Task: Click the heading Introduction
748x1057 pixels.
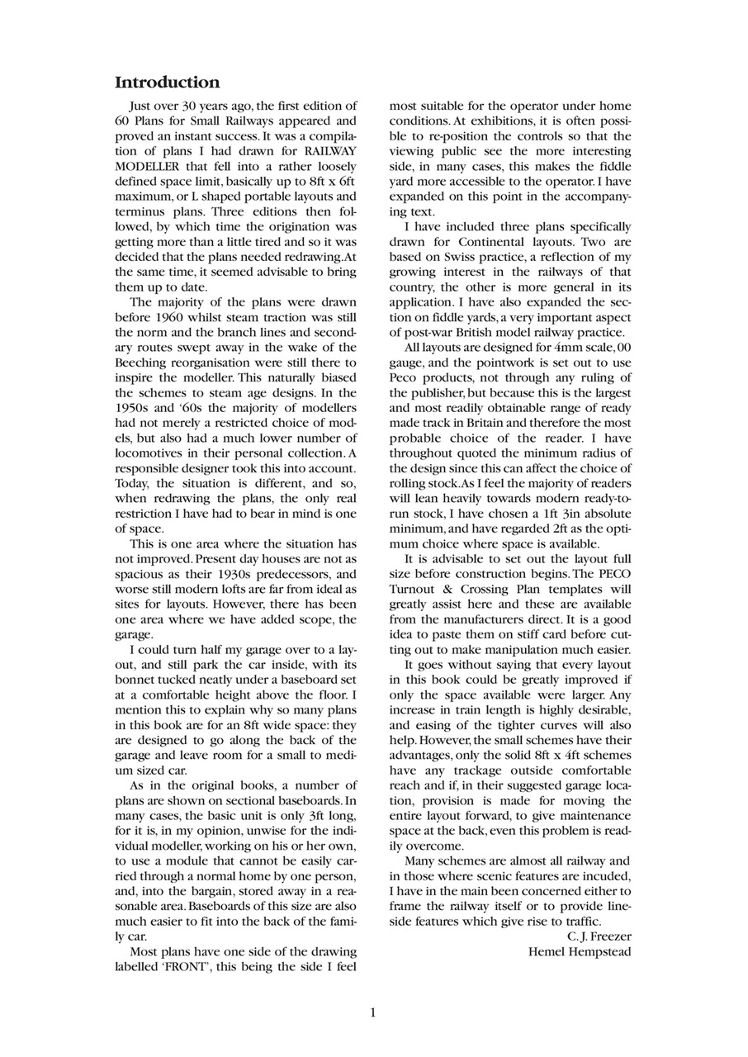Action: [167, 83]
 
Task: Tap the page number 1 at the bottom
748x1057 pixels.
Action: [372, 1012]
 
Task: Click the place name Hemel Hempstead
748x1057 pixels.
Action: [580, 952]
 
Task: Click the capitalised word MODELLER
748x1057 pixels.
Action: [148, 166]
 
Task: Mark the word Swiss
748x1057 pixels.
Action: [452, 257]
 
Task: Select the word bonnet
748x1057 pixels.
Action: [135, 680]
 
